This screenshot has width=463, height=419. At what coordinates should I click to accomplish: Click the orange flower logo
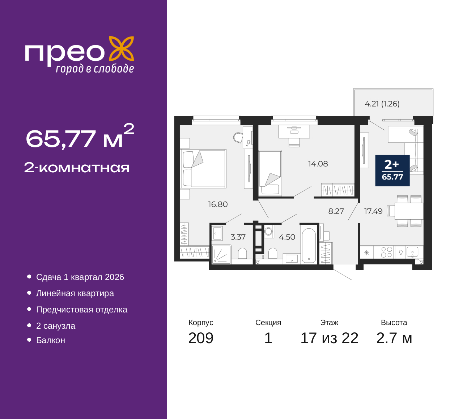(122, 48)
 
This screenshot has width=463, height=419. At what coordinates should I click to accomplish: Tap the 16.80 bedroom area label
(218, 204)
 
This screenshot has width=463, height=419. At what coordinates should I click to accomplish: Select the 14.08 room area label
(318, 164)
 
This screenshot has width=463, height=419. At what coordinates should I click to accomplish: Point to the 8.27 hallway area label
(336, 211)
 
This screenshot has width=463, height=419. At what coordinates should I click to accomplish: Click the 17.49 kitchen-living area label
(373, 211)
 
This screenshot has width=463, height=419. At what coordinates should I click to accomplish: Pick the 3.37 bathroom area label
(238, 237)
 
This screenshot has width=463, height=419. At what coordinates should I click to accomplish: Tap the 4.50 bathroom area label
(287, 237)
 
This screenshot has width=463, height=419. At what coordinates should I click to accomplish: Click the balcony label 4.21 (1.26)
(382, 104)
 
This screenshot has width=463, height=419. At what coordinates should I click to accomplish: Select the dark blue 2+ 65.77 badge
(392, 170)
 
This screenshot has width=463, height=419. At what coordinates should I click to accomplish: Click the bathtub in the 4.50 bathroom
(309, 245)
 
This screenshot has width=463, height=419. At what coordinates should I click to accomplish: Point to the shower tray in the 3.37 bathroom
(221, 254)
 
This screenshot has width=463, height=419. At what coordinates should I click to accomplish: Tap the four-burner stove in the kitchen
(386, 252)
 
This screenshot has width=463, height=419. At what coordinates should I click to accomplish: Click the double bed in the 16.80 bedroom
(203, 168)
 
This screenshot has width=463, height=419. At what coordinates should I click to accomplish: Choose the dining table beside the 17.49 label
(409, 211)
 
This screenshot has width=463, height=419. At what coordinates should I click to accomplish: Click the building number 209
(201, 338)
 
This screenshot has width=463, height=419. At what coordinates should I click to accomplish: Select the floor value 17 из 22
(330, 338)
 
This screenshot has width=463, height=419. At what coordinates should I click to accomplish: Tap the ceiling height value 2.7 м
(394, 338)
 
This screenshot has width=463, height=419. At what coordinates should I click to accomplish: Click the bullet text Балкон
(51, 340)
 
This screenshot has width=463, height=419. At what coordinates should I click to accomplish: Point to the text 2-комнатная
(77, 168)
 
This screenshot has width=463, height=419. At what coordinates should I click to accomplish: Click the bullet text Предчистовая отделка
(82, 310)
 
